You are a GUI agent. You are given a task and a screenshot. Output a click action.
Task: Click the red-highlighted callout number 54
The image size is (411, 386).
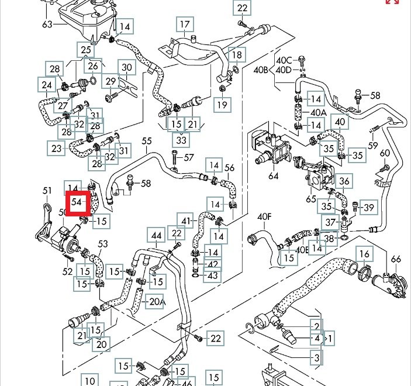[77, 202]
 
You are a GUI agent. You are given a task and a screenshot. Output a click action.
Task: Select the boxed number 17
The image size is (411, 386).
[185, 25]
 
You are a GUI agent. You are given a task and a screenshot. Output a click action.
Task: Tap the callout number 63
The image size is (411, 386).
[47, 24]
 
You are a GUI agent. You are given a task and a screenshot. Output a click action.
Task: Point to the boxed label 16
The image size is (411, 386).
[364, 254]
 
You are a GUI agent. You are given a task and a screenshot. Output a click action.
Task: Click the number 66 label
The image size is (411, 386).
[396, 259]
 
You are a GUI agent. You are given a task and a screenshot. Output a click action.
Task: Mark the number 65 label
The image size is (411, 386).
[310, 198]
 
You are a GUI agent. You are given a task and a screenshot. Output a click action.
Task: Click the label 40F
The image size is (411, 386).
[265, 216]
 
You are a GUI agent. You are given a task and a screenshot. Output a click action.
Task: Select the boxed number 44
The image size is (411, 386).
[156, 236]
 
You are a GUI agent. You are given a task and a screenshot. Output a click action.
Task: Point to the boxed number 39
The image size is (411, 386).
[368, 207]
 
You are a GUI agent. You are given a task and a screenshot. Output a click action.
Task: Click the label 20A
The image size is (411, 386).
[157, 302]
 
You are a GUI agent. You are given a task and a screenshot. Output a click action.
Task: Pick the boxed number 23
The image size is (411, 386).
[56, 149]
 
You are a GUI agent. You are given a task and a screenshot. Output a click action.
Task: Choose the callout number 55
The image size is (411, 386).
[146, 141]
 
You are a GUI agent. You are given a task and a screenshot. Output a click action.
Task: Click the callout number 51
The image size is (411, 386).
[47, 190]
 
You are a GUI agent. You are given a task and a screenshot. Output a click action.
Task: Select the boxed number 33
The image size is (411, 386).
[181, 141]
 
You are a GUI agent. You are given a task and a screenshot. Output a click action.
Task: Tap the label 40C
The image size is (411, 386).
[284, 60]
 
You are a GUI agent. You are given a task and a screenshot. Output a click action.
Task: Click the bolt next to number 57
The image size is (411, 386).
[175, 157]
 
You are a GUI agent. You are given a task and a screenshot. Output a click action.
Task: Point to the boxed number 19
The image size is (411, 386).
[222, 105]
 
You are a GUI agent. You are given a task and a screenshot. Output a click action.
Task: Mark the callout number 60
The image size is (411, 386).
[384, 153]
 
